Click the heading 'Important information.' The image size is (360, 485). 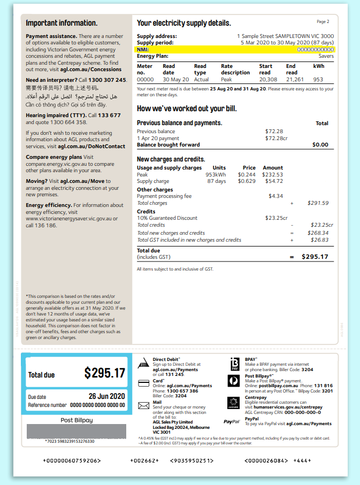tap(62, 23)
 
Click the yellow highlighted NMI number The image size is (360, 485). tap(315, 50)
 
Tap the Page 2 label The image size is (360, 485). tap(323, 22)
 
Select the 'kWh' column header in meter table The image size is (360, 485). tap(318, 66)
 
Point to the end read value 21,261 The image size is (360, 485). tap(295, 80)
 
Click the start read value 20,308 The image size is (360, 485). tap(268, 80)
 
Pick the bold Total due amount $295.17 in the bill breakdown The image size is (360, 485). tap(315, 257)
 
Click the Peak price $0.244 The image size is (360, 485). tap(247, 175)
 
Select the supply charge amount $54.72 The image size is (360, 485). tap(273, 181)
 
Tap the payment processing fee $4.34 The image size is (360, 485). tap(275, 196)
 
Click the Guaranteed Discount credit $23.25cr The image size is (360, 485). tap(276, 218)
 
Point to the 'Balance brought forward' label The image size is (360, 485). tap(168, 144)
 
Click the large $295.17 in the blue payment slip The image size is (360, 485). tap(104, 373)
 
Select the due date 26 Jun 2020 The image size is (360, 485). tap(106, 396)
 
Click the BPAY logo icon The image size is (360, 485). tap(234, 364)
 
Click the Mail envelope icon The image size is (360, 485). tap(143, 406)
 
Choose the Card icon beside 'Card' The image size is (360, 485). tap(143, 383)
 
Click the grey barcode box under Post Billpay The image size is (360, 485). tap(76, 431)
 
